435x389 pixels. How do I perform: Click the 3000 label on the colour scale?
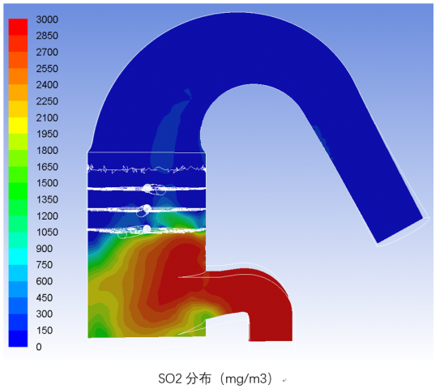pyautogui.click(x=47, y=19)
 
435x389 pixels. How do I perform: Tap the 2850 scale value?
pyautogui.click(x=47, y=36)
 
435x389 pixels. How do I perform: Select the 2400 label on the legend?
pyautogui.click(x=47, y=85)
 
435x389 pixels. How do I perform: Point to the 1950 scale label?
pyautogui.click(x=47, y=134)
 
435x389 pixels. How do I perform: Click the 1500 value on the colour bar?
pyautogui.click(x=47, y=183)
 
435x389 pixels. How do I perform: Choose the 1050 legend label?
pyautogui.click(x=47, y=233)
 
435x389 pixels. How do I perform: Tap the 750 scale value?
pyautogui.click(x=44, y=265)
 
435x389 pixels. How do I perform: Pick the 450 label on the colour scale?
pyautogui.click(x=44, y=297)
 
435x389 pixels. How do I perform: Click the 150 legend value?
pyautogui.click(x=44, y=331)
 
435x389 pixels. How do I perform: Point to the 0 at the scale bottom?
pyautogui.click(x=39, y=347)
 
